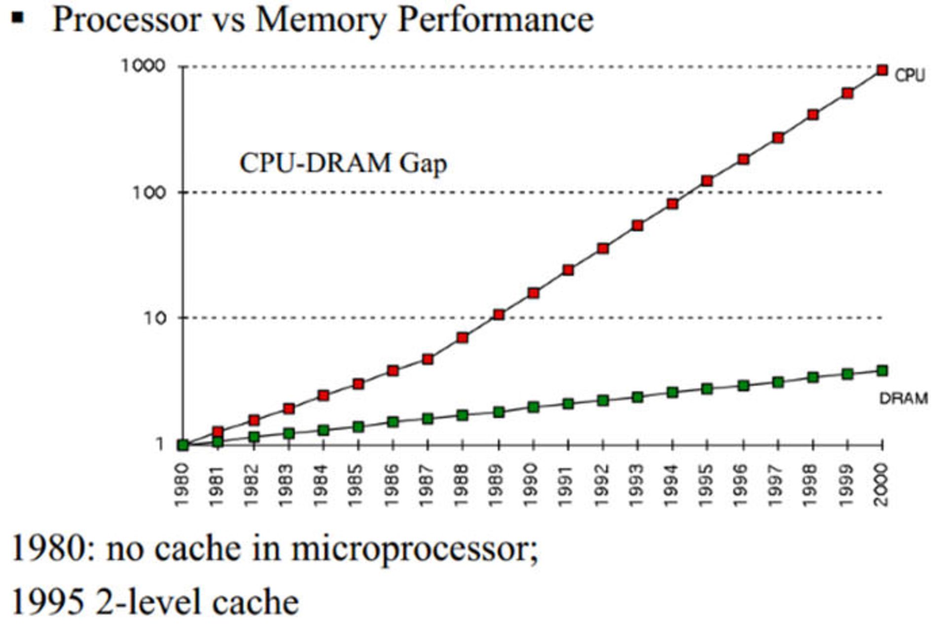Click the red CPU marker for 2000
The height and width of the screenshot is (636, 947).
[882, 71]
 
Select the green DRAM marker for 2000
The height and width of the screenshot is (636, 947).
[882, 371]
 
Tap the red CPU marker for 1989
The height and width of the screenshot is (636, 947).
[499, 314]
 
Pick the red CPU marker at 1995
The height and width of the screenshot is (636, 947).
[707, 181]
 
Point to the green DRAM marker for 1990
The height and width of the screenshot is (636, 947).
[533, 407]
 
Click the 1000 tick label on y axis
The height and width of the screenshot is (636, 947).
[143, 66]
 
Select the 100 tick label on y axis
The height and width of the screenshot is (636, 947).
[149, 192]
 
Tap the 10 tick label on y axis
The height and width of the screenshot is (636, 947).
[155, 318]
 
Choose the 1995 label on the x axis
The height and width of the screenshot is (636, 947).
[707, 485]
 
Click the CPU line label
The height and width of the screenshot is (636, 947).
[910, 75]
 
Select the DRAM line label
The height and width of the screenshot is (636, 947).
[903, 398]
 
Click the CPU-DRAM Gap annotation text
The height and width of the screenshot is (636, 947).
[343, 163]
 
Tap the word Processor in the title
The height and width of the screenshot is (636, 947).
[126, 20]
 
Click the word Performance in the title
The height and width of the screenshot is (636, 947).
[495, 20]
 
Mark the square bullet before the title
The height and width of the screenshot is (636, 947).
[18, 18]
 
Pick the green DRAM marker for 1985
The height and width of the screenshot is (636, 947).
[358, 426]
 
